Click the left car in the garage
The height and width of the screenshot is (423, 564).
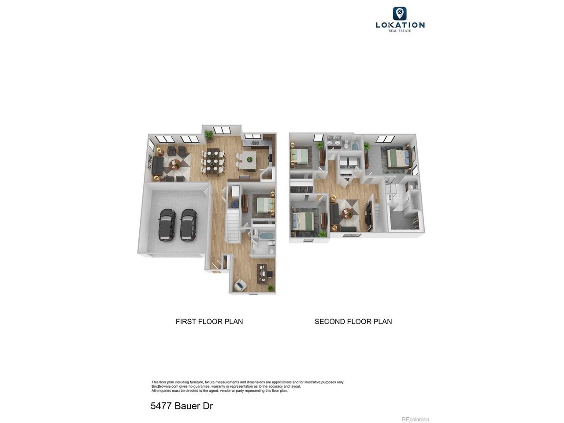click(167, 225)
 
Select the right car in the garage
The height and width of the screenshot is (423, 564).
click(188, 225)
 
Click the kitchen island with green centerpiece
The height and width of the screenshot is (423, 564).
click(249, 161)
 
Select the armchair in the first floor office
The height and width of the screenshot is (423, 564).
click(240, 285)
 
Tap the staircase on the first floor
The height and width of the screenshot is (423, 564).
click(233, 226)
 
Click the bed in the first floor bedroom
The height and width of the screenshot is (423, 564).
click(263, 205)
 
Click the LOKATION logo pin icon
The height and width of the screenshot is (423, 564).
click(400, 13)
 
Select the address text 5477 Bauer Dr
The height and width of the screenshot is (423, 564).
click(182, 406)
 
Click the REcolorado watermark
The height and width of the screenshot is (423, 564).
click(416, 419)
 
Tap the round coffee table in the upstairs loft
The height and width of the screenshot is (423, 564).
click(346, 212)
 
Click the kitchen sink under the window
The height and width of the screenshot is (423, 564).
click(254, 143)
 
